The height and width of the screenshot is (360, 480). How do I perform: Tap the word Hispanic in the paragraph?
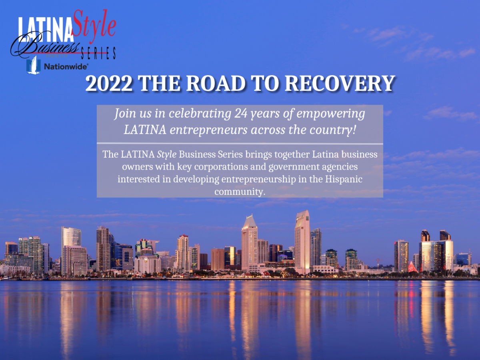344,179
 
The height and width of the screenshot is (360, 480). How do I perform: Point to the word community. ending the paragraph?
240,191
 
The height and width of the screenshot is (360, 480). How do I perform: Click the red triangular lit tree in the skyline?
412,267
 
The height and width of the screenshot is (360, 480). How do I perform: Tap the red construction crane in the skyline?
379,262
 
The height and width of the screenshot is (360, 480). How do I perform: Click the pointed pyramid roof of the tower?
249,221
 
